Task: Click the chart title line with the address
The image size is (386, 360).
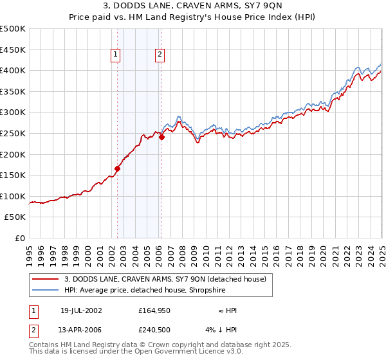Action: tap(193, 7)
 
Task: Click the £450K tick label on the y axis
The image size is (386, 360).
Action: tap(13, 50)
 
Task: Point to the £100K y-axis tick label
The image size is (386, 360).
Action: tap(13, 196)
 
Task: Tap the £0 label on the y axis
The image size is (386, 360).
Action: tap(21, 238)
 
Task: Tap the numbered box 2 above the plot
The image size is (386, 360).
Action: tap(159, 55)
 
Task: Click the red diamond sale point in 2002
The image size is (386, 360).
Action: tap(118, 169)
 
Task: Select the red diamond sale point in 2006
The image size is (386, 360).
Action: tap(162, 137)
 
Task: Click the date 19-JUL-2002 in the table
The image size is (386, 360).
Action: tap(81, 310)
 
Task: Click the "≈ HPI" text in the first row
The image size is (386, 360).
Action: tap(227, 310)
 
